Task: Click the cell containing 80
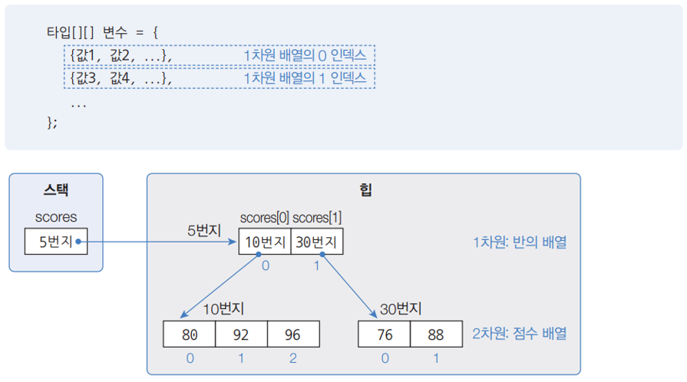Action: (190, 334)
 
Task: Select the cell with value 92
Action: (242, 334)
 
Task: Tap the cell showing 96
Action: (293, 334)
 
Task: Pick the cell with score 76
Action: (385, 334)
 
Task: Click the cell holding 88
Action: (436, 334)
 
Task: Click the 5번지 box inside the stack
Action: (56, 242)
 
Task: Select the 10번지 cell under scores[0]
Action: (265, 242)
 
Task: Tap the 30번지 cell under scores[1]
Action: (317, 242)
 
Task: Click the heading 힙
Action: (364, 190)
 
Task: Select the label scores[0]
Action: (264, 219)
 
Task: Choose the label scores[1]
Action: (317, 219)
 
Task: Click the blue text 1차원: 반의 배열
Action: (520, 242)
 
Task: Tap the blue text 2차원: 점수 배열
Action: (520, 334)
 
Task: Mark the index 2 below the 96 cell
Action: (293, 358)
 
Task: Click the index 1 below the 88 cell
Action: (436, 358)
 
